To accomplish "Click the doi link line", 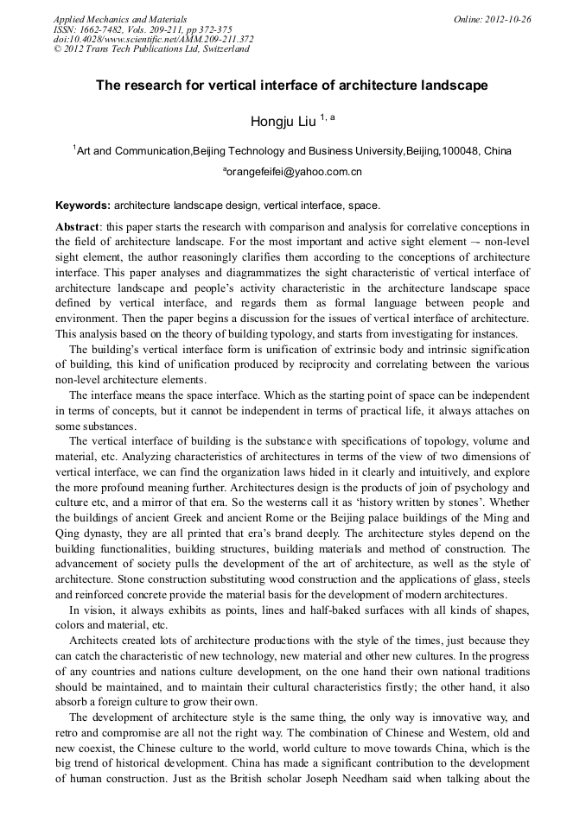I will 154,39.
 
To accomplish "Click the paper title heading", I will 292,86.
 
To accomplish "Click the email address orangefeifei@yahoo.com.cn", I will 295,173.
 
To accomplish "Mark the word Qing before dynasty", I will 71,533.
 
